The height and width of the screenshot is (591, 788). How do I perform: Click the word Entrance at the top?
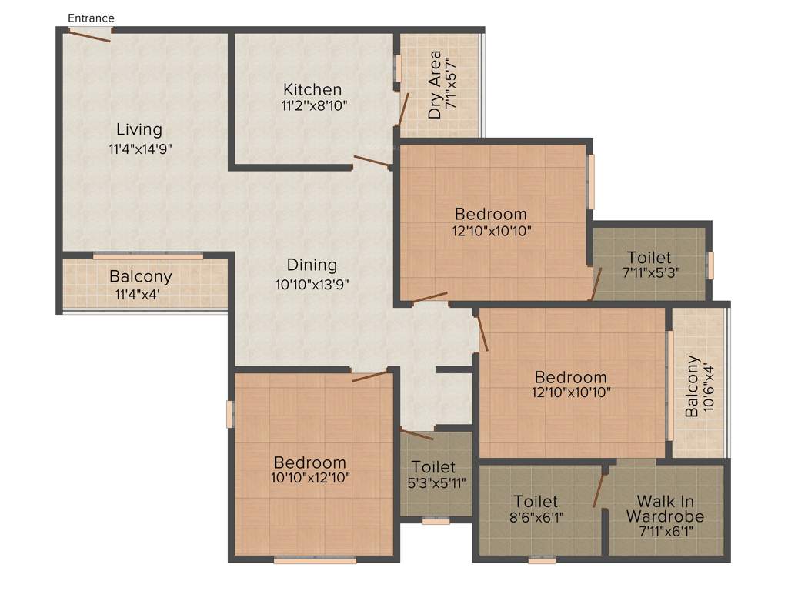click(91, 18)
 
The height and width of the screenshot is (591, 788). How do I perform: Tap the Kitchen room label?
click(312, 89)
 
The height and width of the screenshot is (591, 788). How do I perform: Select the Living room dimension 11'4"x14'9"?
click(139, 149)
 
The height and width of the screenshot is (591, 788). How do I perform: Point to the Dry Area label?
click(436, 85)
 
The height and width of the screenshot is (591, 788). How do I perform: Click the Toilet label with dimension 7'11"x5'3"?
click(649, 257)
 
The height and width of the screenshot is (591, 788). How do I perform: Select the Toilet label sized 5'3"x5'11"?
click(433, 467)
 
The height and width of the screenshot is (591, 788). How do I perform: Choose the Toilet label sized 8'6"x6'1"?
click(536, 502)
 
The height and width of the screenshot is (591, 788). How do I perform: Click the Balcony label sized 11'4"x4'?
click(140, 276)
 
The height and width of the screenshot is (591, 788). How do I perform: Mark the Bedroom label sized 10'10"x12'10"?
click(310, 462)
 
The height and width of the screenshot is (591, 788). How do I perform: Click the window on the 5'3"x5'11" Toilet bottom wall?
click(436, 521)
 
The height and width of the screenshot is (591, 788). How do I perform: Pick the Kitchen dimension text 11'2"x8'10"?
click(312, 106)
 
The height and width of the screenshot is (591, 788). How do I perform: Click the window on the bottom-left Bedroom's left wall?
click(229, 413)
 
